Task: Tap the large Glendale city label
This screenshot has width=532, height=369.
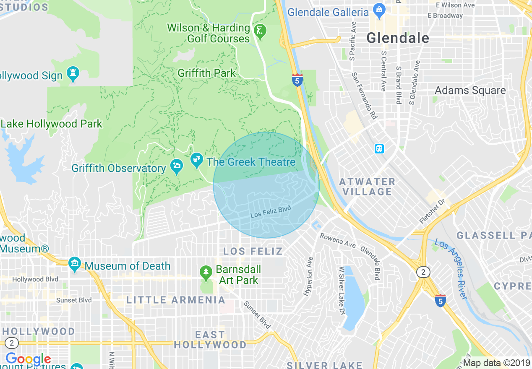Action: pyautogui.click(x=398, y=38)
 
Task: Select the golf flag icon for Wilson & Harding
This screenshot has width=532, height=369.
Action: pyautogui.click(x=260, y=31)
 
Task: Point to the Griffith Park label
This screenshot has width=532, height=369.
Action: pyautogui.click(x=206, y=73)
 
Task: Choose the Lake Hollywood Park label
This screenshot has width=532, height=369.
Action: pyautogui.click(x=51, y=124)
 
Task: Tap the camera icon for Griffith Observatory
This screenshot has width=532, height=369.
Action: pyautogui.click(x=177, y=166)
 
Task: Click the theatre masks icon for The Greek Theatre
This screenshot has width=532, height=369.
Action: pyautogui.click(x=196, y=160)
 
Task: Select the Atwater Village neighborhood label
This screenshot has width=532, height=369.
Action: pyautogui.click(x=367, y=187)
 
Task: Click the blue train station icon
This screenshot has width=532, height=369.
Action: pyautogui.click(x=379, y=148)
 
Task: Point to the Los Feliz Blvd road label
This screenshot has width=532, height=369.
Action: pyautogui.click(x=270, y=211)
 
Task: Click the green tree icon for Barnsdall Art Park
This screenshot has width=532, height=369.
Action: pyautogui.click(x=206, y=272)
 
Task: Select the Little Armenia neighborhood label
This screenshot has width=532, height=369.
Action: pyautogui.click(x=176, y=300)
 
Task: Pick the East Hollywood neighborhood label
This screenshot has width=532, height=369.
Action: pyautogui.click(x=210, y=340)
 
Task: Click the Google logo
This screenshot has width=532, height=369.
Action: pyautogui.click(x=28, y=359)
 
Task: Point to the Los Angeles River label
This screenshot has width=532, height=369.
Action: pyautogui.click(x=451, y=269)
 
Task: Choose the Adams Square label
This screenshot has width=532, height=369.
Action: pyautogui.click(x=470, y=91)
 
